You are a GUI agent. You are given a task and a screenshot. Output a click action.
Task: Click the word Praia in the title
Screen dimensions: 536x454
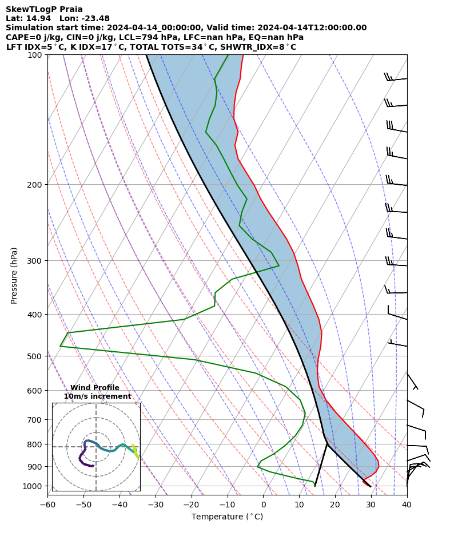[69, 9]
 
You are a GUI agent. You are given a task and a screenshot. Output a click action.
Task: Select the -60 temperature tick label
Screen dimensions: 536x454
[47, 505]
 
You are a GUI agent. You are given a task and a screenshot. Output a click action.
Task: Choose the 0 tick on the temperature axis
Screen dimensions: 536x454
[264, 505]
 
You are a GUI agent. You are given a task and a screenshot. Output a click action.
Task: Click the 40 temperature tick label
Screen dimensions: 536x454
[407, 505]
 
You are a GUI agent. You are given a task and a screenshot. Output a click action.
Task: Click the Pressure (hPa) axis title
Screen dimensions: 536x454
[14, 275]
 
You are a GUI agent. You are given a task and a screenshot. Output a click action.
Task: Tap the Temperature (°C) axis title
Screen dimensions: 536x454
[227, 517]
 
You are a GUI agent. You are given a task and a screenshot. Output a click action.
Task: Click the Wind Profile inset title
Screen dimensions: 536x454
[95, 388]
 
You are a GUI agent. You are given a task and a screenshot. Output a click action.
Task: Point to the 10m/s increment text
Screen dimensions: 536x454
[97, 396]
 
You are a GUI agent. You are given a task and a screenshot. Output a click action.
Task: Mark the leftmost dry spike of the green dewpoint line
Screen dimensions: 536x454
[60, 346]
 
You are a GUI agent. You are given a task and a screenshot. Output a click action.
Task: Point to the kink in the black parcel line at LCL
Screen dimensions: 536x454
[327, 443]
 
